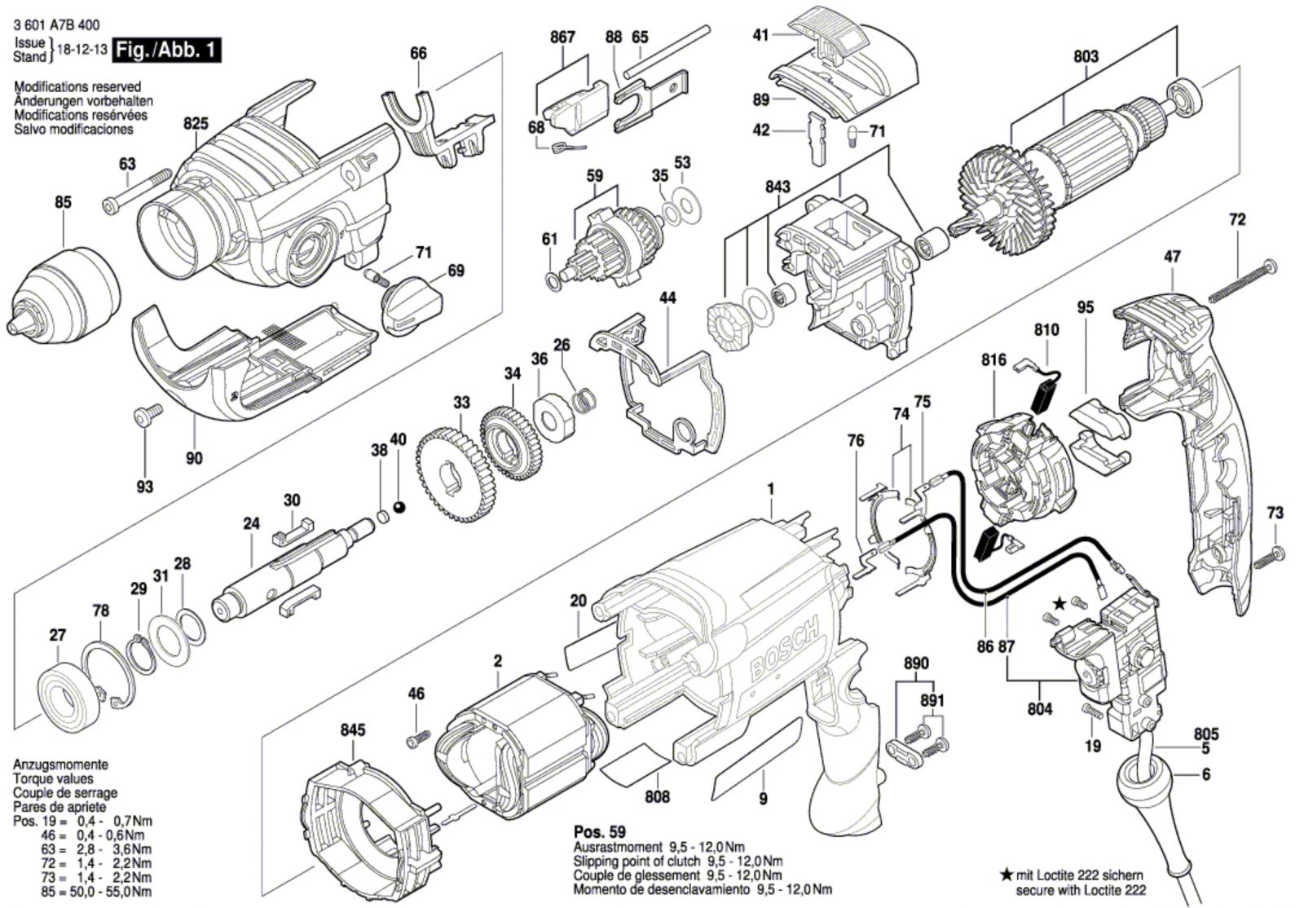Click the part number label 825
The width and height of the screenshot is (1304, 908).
click(196, 124)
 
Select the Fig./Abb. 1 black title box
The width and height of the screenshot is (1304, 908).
click(167, 51)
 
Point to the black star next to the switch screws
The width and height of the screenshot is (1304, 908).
click(1059, 604)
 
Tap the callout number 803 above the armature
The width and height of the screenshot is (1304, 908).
click(1086, 56)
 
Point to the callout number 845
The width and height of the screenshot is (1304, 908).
click(353, 730)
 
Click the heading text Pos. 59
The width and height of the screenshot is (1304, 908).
click(600, 832)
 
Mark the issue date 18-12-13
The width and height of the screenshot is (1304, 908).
click(82, 51)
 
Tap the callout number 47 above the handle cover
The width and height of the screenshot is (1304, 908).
click(1172, 257)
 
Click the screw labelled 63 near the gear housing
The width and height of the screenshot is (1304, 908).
click(137, 189)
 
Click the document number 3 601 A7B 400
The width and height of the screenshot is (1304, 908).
click(63, 26)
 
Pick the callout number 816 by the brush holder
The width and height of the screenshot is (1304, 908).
click(993, 359)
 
